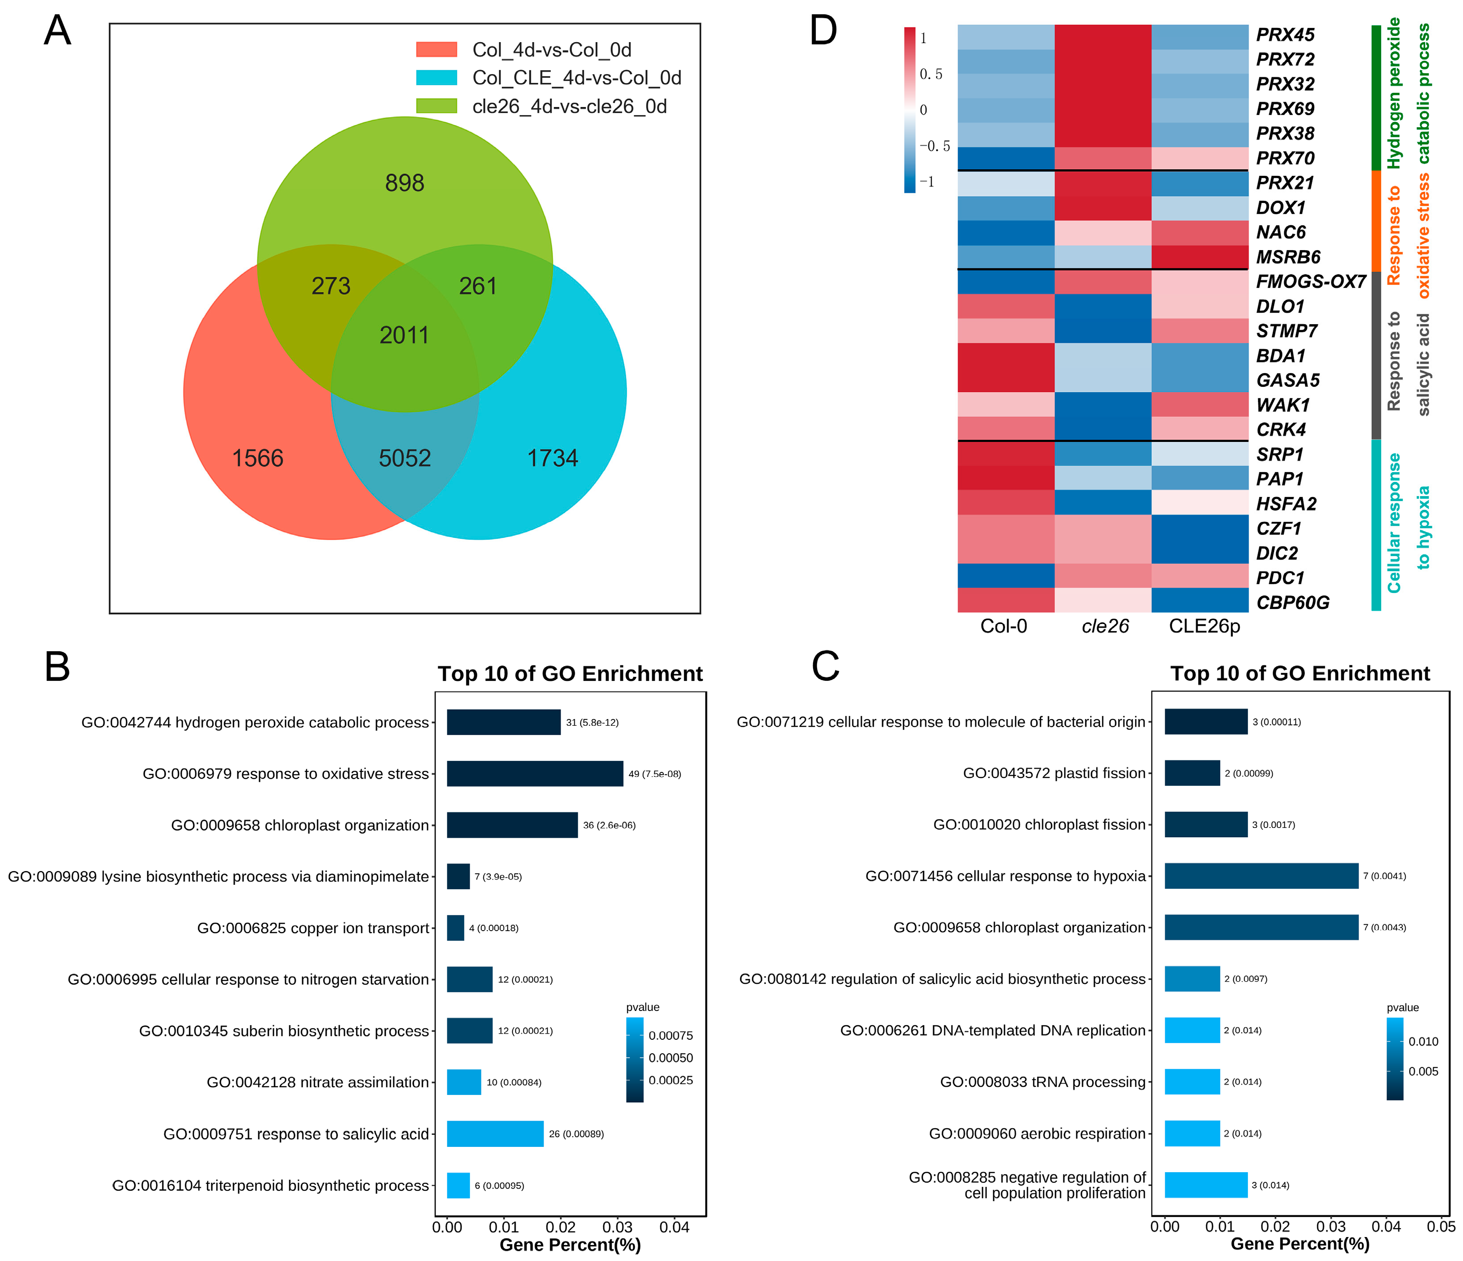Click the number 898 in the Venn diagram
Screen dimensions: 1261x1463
click(x=405, y=183)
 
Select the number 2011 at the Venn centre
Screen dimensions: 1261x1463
click(x=405, y=334)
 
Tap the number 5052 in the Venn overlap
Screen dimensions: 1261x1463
click(x=405, y=458)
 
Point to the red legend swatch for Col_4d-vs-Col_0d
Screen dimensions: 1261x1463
click(x=437, y=49)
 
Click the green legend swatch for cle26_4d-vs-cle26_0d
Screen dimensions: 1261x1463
click(x=437, y=106)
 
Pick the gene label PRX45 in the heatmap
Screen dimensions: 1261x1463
click(x=1285, y=35)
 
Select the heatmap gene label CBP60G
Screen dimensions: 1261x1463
click(x=1293, y=603)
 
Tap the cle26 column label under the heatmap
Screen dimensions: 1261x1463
click(x=1105, y=626)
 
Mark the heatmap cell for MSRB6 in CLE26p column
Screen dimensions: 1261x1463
click(x=1200, y=257)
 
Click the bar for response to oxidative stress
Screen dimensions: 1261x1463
click(x=534, y=773)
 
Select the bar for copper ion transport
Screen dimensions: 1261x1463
click(x=455, y=928)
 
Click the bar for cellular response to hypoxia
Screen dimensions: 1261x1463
click(x=1261, y=876)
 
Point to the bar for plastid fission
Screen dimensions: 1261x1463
click(x=1192, y=773)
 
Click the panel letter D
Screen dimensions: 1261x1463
click(x=823, y=31)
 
